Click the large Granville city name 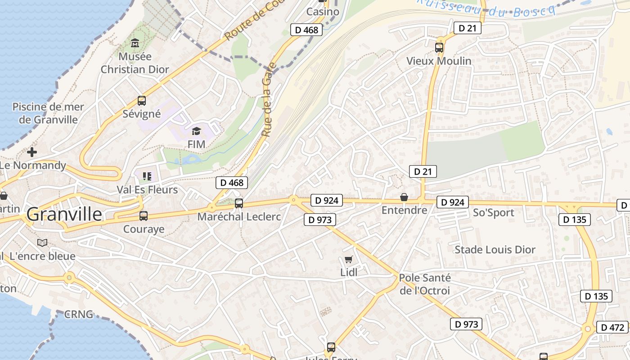pos(64,215)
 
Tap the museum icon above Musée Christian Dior pos(135,44)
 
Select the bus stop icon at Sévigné pos(142,101)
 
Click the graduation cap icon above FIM pos(196,131)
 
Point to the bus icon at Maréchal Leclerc pos(239,203)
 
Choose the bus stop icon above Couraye pos(144,216)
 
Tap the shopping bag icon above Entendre pos(404,197)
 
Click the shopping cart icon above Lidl pos(348,259)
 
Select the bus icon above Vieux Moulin pos(439,47)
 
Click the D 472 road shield pos(612,327)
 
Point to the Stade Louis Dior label pos(495,250)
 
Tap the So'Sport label pos(493,213)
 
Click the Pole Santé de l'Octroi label pos(425,284)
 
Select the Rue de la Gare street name pos(268,100)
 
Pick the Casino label pos(323,12)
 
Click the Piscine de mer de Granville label pos(48,113)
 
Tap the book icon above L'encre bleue pos(42,243)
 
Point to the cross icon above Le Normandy pos(32,152)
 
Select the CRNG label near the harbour pos(79,314)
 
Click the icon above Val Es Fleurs pos(147,176)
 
